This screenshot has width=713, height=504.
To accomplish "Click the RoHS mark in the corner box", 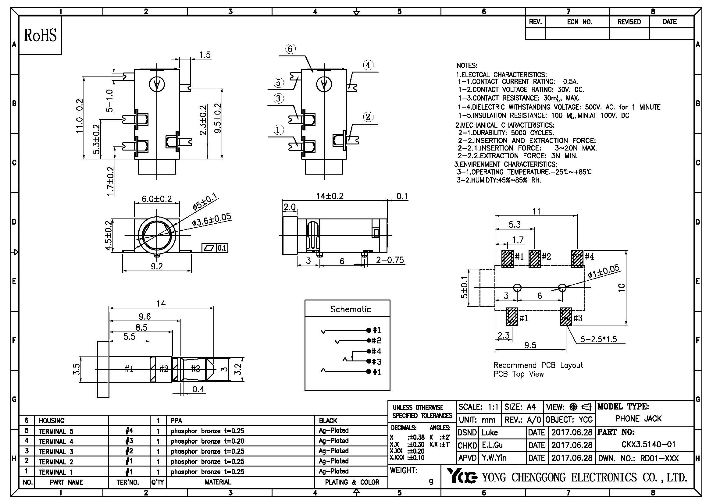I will (x=40, y=35).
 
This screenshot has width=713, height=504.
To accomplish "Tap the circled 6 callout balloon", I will (x=290, y=49).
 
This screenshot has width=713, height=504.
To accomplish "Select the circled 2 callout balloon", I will (x=368, y=117).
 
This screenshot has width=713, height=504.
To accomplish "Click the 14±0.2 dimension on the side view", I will (x=330, y=196).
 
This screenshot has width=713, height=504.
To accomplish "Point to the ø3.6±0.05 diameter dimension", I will (x=212, y=220).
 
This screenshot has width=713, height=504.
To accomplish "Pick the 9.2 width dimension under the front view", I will (x=156, y=266).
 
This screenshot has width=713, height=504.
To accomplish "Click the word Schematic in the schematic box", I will (x=350, y=309).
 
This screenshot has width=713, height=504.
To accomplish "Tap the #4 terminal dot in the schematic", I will (x=369, y=351).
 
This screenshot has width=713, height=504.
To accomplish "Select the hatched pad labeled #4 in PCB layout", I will (x=577, y=258).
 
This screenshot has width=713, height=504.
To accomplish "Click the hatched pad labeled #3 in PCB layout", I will (x=566, y=316).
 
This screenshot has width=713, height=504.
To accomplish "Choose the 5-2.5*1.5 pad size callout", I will (x=598, y=339).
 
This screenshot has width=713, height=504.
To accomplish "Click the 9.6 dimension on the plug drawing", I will (x=145, y=317).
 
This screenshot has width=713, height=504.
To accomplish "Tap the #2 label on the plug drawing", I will (x=164, y=369).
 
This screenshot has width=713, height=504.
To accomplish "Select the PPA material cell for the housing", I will (x=176, y=421).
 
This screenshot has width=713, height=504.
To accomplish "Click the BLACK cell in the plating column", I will (x=328, y=421).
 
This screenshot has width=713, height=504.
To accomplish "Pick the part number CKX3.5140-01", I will (x=648, y=444).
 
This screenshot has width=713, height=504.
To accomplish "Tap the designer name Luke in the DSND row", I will (x=490, y=432).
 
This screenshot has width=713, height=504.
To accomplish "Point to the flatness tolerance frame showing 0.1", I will (x=215, y=248).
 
